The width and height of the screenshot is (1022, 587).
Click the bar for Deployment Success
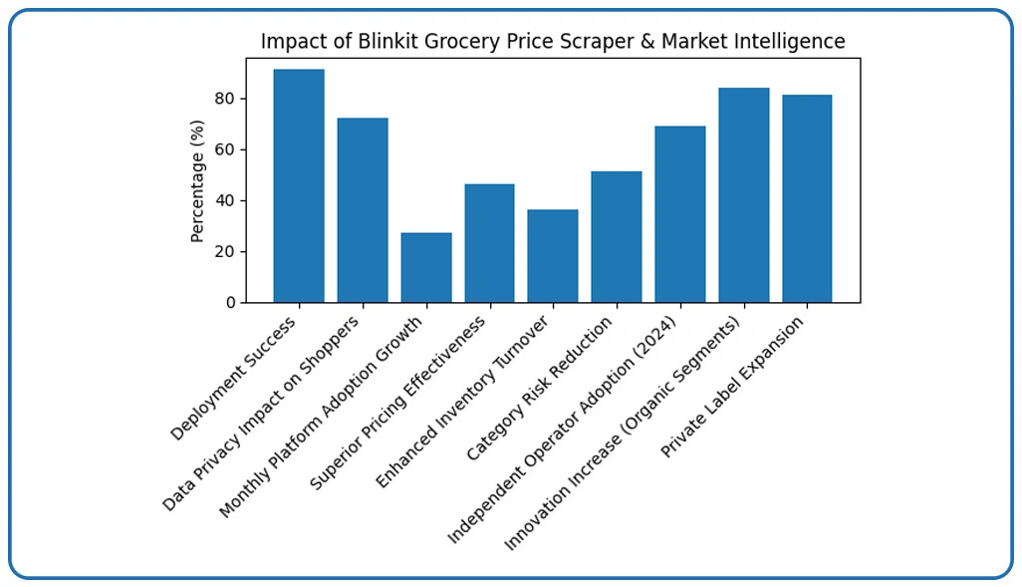[x=299, y=185]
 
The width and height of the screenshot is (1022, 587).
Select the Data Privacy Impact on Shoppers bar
[x=363, y=210]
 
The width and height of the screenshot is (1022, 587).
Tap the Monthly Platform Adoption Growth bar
[x=426, y=267]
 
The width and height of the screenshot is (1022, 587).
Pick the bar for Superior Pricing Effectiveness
[x=489, y=243]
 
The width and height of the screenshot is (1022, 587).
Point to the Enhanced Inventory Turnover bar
[x=553, y=256]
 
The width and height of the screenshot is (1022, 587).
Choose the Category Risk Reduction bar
[x=617, y=237]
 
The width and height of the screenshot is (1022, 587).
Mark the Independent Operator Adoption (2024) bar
[x=680, y=214]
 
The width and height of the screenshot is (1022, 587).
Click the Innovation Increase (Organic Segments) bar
[x=744, y=195]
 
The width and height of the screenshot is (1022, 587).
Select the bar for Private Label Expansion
[x=807, y=198]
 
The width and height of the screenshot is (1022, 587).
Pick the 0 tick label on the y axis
[x=230, y=302]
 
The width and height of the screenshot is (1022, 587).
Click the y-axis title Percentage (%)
[x=197, y=180]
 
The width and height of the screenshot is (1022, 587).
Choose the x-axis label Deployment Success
[x=234, y=379]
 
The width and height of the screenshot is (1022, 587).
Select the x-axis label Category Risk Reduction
[x=540, y=389]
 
